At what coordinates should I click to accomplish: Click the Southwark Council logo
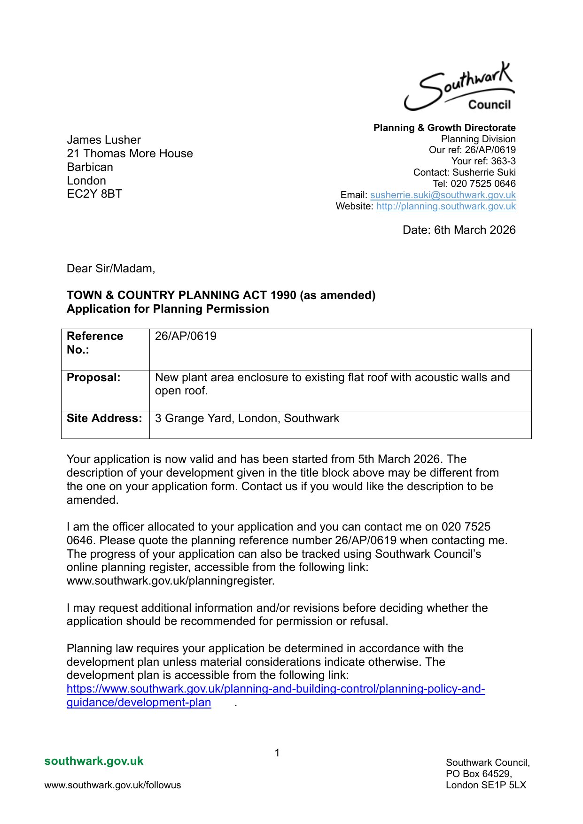tap(459, 87)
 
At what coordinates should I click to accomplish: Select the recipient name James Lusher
tap(104, 140)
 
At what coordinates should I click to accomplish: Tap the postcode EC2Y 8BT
tap(94, 194)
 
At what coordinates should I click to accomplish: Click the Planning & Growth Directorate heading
tap(444, 128)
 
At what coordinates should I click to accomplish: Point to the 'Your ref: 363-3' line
tap(483, 161)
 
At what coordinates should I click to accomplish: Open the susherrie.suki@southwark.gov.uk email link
tap(443, 195)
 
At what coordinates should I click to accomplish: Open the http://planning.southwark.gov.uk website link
tap(446, 206)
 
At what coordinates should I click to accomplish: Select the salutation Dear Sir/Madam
tap(111, 269)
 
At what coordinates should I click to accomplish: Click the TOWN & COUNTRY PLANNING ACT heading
tap(221, 295)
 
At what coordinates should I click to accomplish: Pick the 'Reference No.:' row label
tap(95, 343)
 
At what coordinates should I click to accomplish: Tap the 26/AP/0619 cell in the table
tap(186, 336)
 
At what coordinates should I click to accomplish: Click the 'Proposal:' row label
tap(93, 377)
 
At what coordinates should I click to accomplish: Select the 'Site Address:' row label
tap(104, 418)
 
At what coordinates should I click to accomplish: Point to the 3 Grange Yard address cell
tap(247, 418)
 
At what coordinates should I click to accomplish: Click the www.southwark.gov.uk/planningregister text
tap(171, 581)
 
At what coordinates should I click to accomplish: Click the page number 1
tap(277, 753)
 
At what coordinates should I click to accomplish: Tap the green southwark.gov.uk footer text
tap(94, 761)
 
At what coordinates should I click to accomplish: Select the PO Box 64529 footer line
tap(479, 774)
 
